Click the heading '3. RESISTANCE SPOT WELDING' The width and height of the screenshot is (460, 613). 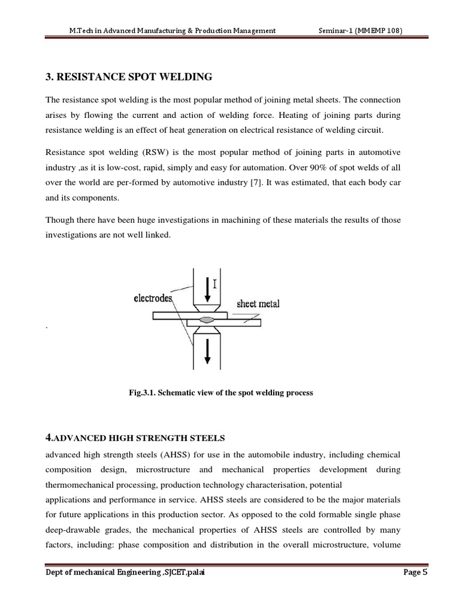point(129,77)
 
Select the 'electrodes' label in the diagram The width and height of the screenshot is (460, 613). point(153,298)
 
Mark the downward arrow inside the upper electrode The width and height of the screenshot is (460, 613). point(207,289)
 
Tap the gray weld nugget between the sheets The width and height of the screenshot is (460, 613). point(207,320)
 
